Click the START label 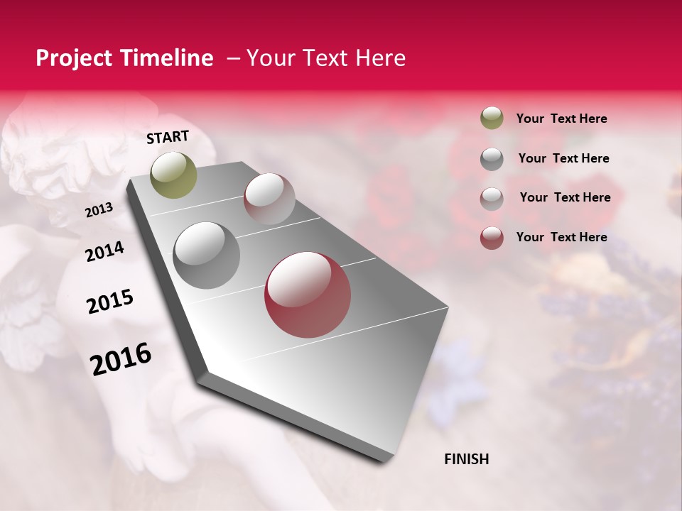(x=168, y=137)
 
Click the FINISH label (x=466, y=459)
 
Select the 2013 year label (x=99, y=210)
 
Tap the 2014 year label (x=104, y=252)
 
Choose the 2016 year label (x=121, y=359)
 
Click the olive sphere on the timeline (x=173, y=175)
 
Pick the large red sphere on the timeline (x=307, y=295)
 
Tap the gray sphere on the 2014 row (x=206, y=255)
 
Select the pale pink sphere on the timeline (x=269, y=198)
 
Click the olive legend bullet (x=492, y=118)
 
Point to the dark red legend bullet (x=492, y=238)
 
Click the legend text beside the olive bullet (x=561, y=119)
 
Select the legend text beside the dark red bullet (x=561, y=237)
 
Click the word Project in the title (x=72, y=58)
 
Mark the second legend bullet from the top (x=492, y=159)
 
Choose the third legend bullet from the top (x=492, y=199)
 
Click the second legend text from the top (x=563, y=158)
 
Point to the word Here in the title (x=380, y=58)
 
